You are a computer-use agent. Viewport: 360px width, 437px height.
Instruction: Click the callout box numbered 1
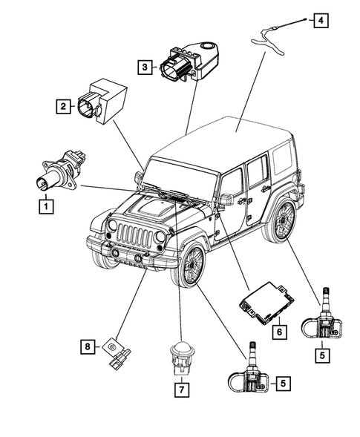[47, 205]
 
